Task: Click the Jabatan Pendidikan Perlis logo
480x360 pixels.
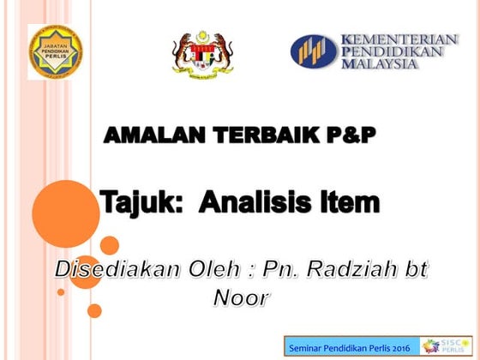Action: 55,51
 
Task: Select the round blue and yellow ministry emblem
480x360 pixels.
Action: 313,51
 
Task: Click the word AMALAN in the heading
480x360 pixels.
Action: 147,135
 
